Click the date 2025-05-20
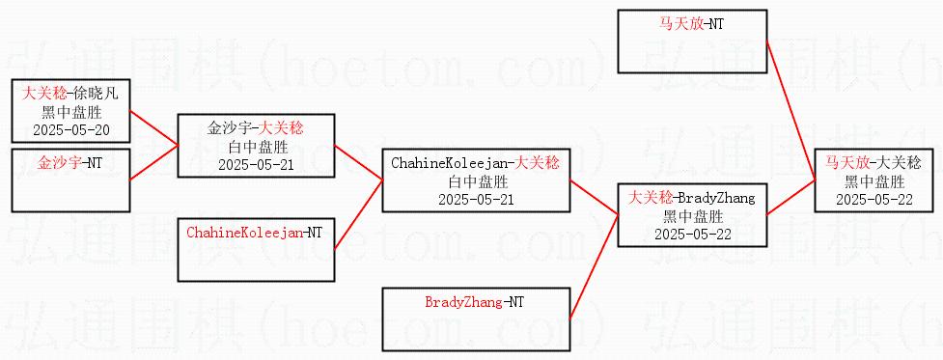[71, 130]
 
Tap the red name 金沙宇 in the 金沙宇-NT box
[59, 162]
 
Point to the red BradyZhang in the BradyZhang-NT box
[463, 302]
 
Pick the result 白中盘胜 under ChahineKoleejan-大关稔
[476, 180]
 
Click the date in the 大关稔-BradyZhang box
[693, 234]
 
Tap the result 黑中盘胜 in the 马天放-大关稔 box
[875, 181]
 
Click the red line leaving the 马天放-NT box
[790, 110]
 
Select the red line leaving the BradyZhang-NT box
[594, 266]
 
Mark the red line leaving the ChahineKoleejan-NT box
[358, 214]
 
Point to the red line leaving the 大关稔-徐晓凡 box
[154, 127]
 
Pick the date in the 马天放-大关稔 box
[875, 200]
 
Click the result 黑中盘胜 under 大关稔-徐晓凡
[71, 112]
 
